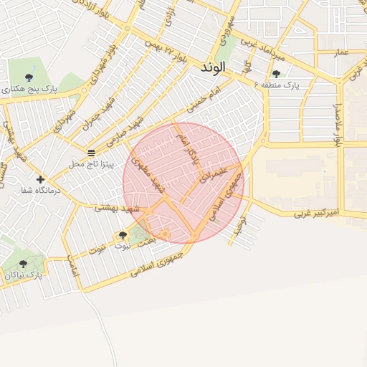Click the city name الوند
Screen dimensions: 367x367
213,67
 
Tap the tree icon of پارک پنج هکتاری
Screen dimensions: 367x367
29,77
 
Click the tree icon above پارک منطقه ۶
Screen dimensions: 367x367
276,74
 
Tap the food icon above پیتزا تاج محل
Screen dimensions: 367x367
91,153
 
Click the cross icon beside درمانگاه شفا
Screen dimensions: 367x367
40,179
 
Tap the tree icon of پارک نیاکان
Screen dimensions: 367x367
23,264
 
